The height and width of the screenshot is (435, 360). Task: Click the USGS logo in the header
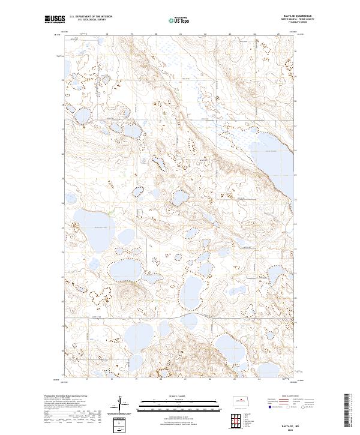[x=55, y=19]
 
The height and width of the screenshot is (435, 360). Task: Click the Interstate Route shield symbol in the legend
[x=269, y=406]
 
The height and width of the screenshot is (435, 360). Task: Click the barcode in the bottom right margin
[x=346, y=411]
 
